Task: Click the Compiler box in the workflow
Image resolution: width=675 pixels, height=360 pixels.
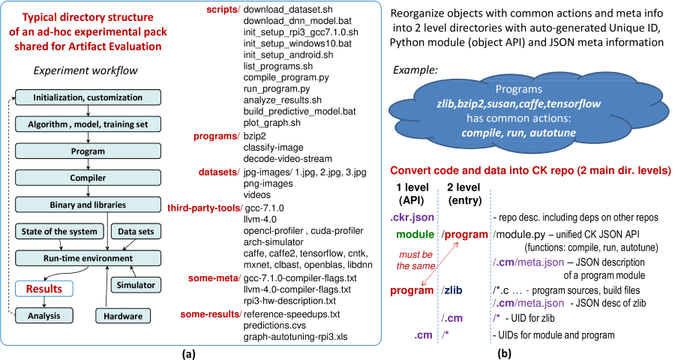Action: pos(88,178)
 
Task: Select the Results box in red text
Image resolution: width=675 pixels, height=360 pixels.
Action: pos(44,289)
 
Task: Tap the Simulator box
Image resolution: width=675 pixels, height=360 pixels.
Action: pos(136,285)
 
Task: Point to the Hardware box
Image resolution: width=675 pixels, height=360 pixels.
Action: pos(123,316)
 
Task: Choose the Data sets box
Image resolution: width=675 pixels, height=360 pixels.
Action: pos(136,231)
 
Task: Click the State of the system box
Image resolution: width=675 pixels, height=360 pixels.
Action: pos(59,231)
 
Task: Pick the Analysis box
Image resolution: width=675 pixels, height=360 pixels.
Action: pos(44,316)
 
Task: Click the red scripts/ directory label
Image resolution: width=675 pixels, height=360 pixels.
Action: pos(223,10)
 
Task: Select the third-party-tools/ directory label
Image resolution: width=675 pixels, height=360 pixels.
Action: pos(205,208)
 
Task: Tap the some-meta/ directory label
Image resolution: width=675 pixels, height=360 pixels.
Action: pos(214,278)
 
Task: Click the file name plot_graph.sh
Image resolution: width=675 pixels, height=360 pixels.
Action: pos(272,123)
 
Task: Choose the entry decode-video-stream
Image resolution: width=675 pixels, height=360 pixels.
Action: pos(287,158)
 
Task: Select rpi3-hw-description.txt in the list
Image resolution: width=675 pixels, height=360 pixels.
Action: pos(289,301)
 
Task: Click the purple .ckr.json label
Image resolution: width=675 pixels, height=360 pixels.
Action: pos(412,217)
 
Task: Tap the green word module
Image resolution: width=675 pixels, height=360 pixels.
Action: pos(415,234)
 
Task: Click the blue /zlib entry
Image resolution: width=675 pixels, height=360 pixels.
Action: pos(451,290)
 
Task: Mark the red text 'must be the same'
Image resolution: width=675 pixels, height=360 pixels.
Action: pos(415,260)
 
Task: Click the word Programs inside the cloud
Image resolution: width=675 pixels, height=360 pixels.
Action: pos(519,89)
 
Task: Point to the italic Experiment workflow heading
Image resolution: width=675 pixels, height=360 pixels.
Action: pos(85,70)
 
